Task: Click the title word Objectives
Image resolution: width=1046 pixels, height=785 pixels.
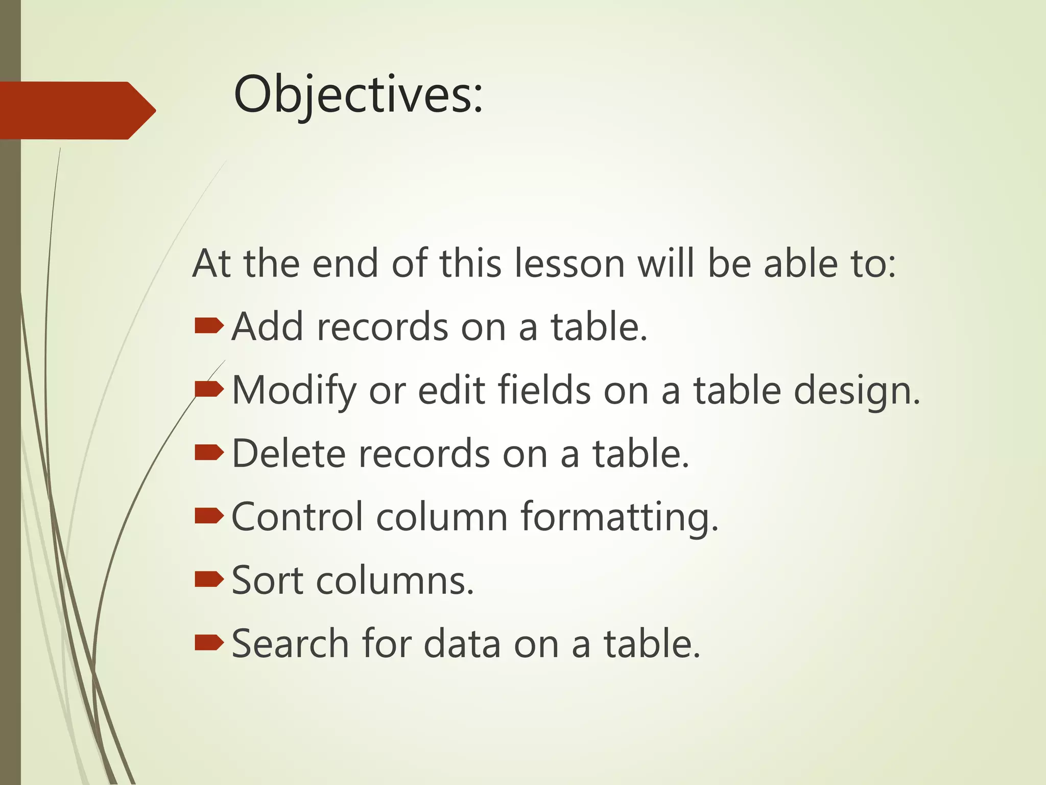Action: tap(358, 95)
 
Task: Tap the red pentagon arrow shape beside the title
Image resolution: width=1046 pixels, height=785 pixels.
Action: tap(77, 110)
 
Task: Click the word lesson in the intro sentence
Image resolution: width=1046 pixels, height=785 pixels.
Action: tap(569, 264)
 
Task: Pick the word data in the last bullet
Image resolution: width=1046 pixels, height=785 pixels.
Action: tap(462, 644)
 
